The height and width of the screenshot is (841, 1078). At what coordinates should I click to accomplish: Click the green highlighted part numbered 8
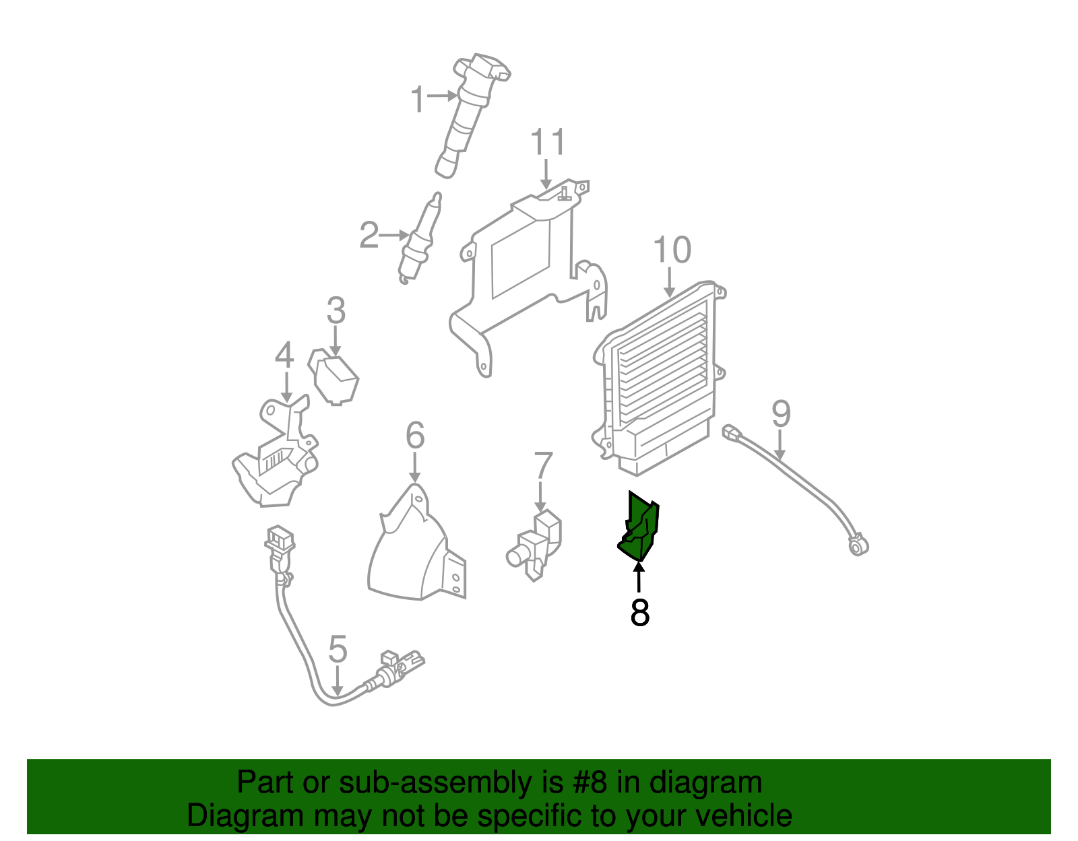point(640,529)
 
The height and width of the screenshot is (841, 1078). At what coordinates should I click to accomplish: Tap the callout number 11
point(548,141)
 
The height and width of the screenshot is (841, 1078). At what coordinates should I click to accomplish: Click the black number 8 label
point(639,613)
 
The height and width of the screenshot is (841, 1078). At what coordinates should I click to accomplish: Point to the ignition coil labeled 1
point(471,114)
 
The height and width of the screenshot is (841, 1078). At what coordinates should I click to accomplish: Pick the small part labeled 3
point(334,376)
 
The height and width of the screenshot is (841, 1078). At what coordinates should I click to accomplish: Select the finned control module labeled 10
point(660,379)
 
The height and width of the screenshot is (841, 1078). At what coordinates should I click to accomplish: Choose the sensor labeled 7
point(536,545)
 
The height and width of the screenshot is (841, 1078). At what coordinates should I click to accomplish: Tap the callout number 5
point(338,649)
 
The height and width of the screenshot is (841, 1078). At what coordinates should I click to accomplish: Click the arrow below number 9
point(780,445)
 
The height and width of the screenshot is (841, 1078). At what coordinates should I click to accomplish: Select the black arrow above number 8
point(639,577)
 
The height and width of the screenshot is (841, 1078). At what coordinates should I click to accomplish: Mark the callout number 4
point(284,356)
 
